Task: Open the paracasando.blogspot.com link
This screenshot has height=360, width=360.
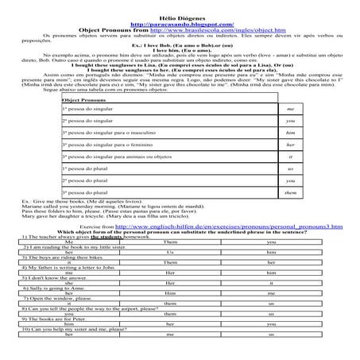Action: [179, 14]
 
